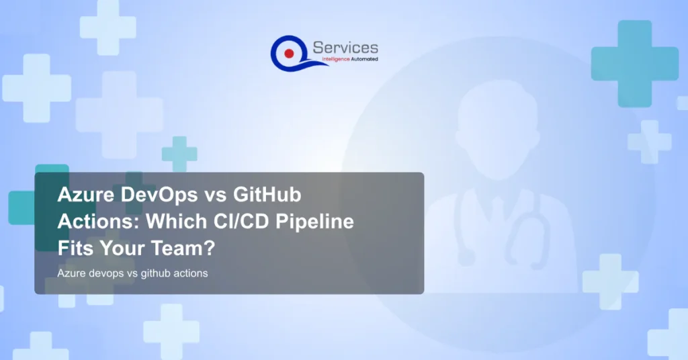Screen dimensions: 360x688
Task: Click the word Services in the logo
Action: pyautogui.click(x=345, y=48)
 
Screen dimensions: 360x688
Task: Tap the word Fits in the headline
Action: pyautogui.click(x=75, y=247)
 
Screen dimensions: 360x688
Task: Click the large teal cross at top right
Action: pyautogui.click(x=634, y=54)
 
